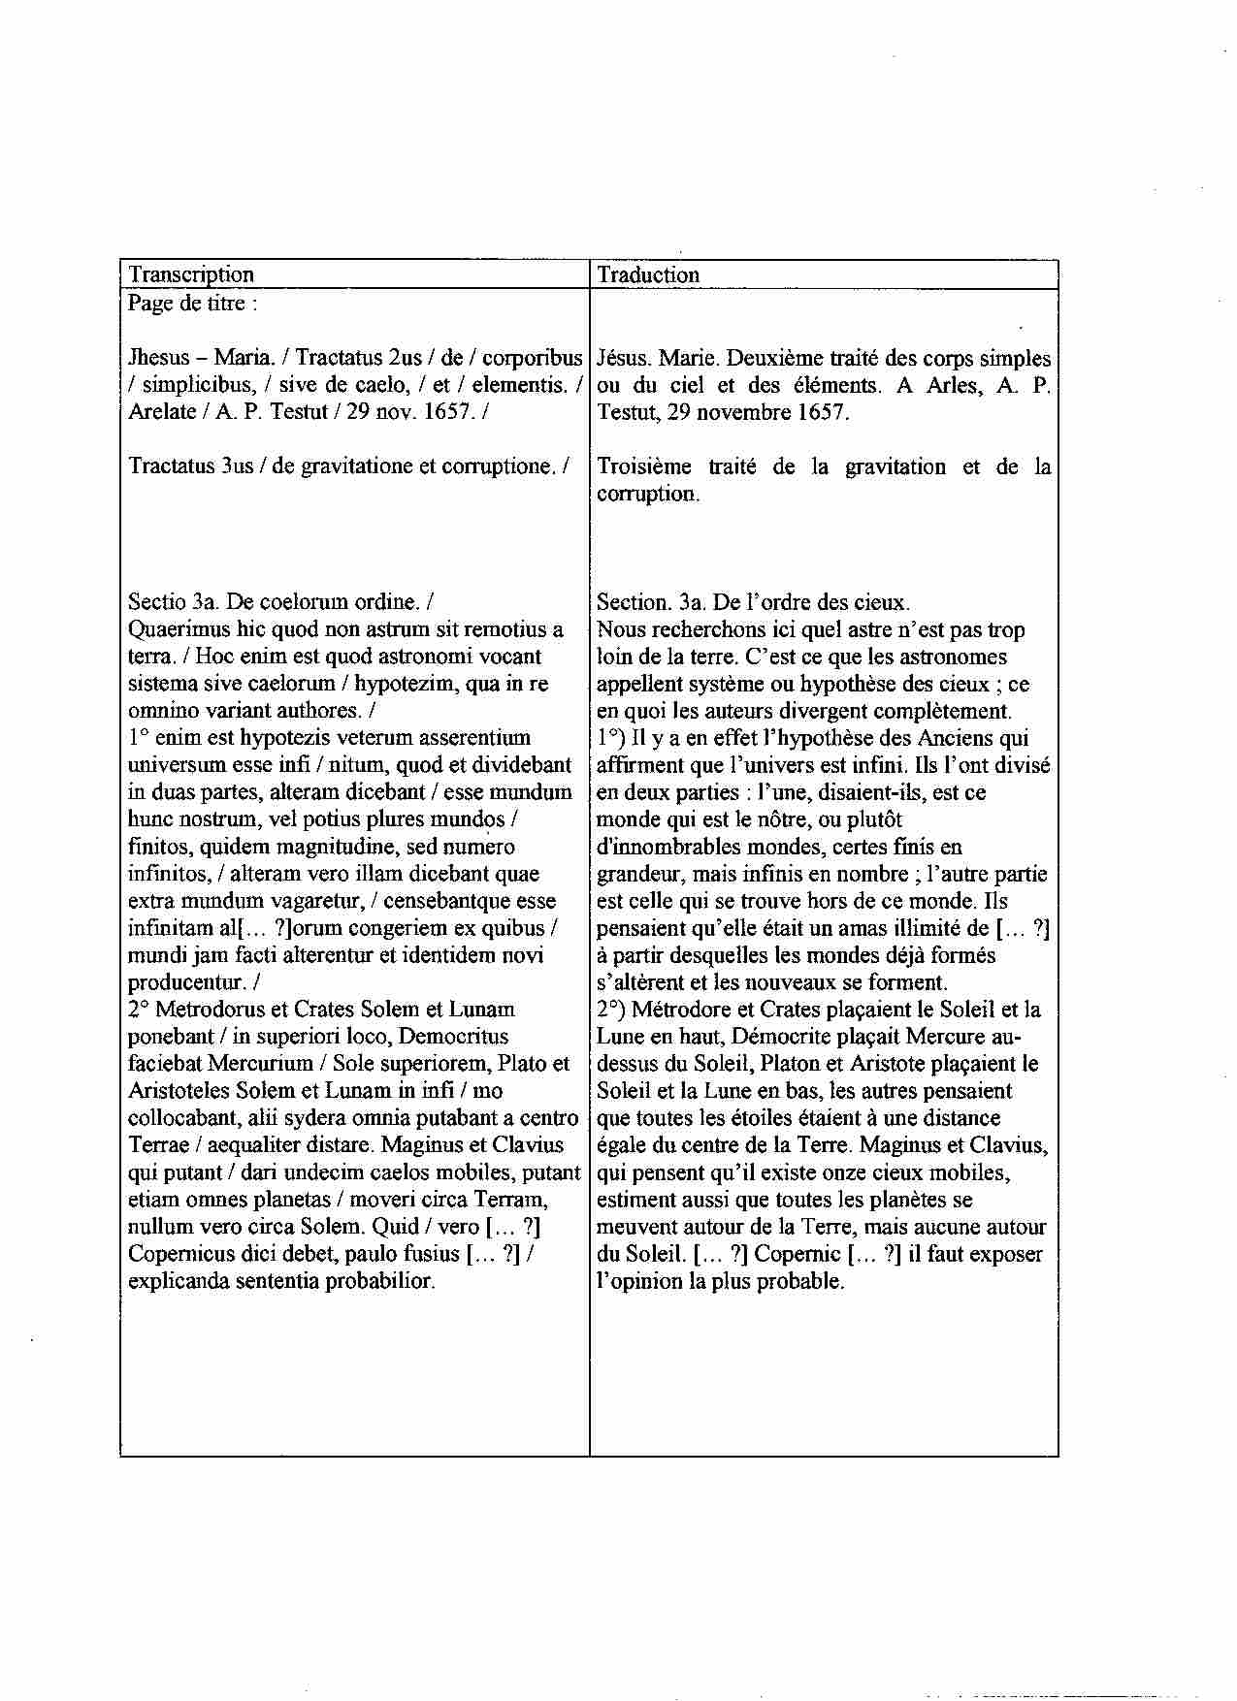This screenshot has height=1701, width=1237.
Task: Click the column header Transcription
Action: click(191, 274)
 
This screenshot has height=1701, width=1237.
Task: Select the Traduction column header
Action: click(648, 274)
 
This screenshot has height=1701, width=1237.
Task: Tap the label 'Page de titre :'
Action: click(193, 303)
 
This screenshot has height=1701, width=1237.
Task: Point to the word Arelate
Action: click(160, 411)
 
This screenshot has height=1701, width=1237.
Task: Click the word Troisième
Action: click(643, 466)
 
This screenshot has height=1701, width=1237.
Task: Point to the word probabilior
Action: click(379, 1281)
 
